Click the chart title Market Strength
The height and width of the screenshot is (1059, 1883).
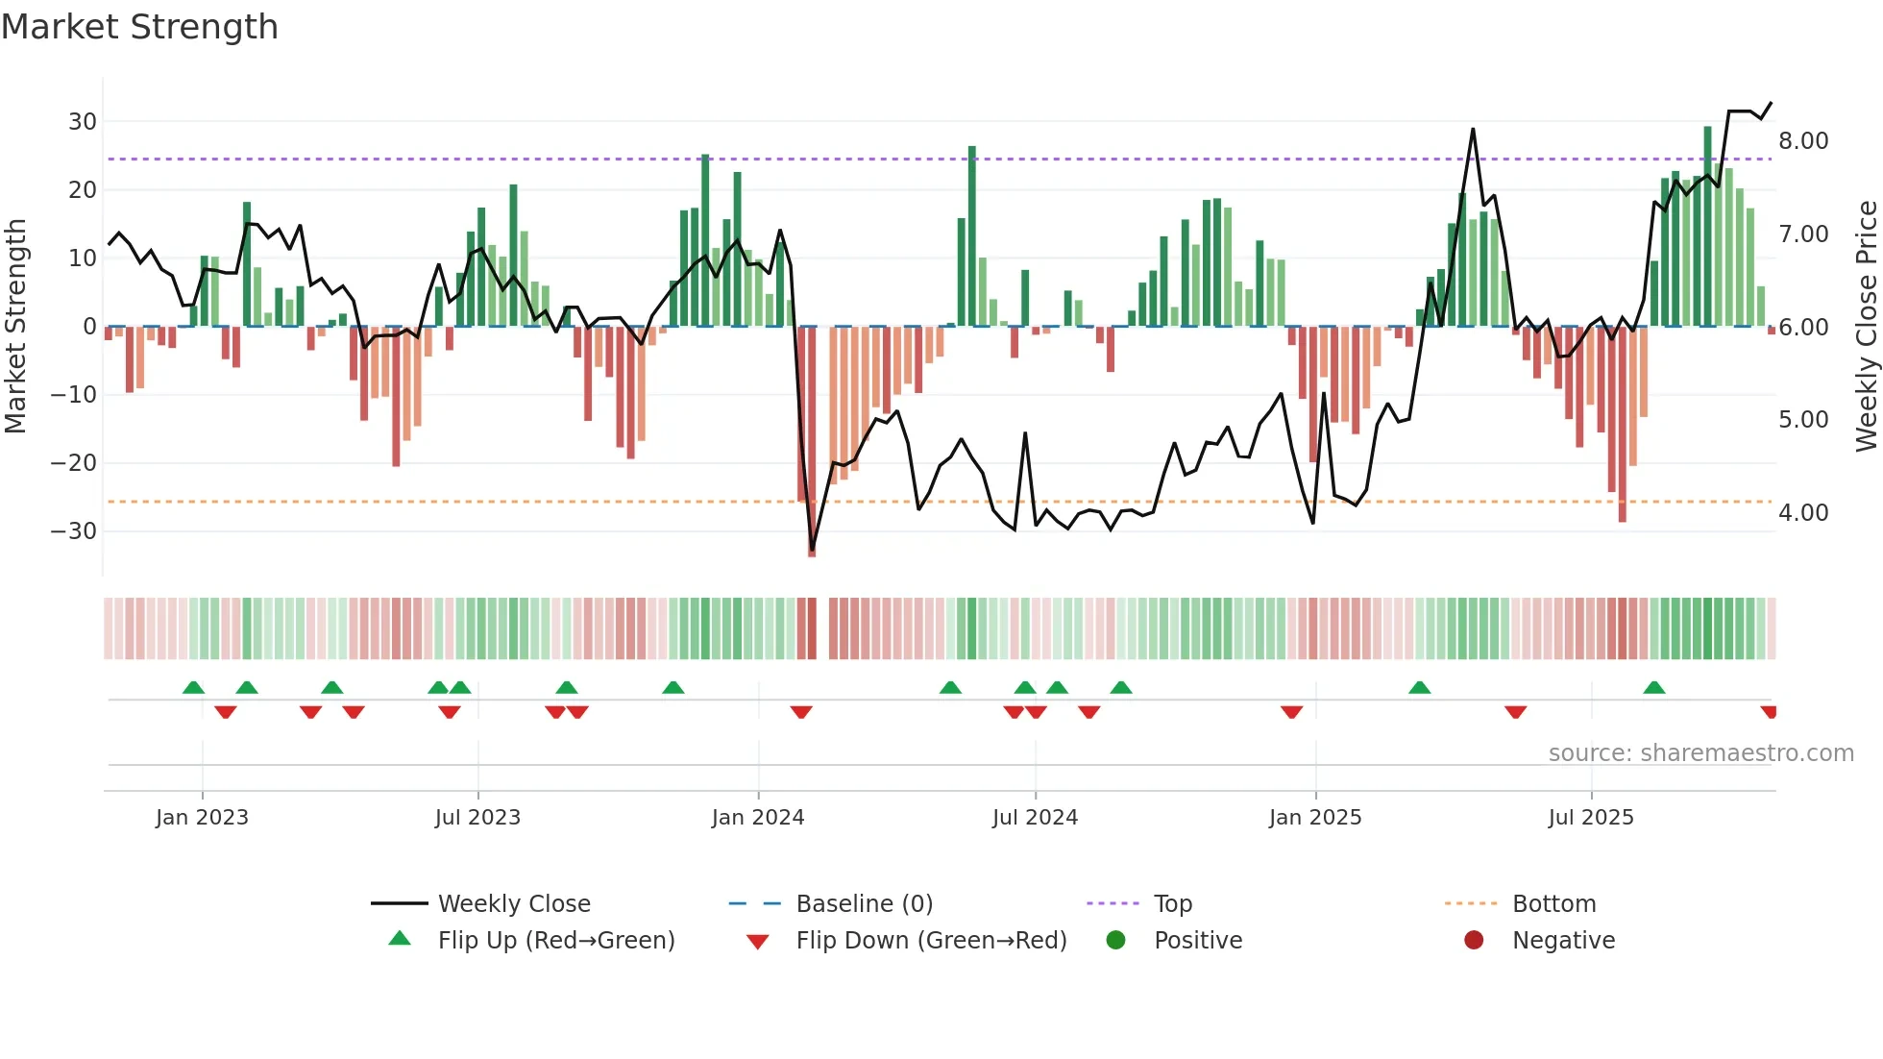139,27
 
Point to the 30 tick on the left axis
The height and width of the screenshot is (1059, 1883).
82,122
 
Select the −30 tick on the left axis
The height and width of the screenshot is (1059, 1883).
74,531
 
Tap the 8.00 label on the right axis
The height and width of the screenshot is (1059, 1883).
1803,141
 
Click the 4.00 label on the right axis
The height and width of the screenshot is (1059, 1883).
1803,513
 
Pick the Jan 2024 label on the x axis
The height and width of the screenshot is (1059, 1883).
757,818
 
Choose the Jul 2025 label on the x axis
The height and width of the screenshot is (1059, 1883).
1590,818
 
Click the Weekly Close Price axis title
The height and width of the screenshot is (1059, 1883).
1866,327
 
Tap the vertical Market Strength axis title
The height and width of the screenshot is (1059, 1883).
15,327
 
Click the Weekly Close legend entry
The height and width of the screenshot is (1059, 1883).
513,904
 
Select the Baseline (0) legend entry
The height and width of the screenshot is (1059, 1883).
864,904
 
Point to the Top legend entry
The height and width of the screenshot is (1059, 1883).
1172,904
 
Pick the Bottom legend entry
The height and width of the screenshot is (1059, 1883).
1553,904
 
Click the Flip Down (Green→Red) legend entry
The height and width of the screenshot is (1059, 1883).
930,941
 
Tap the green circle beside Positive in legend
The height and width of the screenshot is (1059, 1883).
1115,941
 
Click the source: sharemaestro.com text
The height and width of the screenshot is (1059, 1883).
1700,753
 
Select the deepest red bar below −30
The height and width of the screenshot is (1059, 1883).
812,442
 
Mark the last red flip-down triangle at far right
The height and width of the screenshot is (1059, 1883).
1769,712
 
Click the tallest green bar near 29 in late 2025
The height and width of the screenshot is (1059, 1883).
1707,226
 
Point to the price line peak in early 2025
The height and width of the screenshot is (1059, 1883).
1472,130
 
